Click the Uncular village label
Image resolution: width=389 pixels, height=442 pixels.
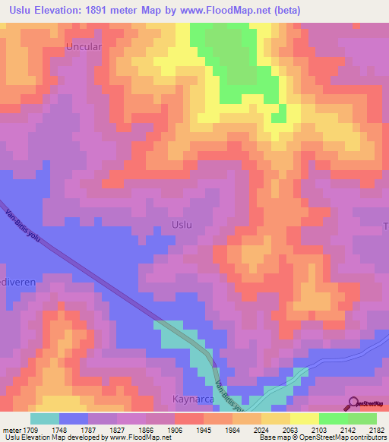tap(84, 46)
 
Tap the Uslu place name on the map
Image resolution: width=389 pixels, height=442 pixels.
tap(180, 225)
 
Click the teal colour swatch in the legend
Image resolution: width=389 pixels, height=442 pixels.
tap(45, 418)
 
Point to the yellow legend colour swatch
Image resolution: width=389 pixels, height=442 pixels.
tap(305, 418)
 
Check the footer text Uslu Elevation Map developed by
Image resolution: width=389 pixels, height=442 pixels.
tap(46, 437)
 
